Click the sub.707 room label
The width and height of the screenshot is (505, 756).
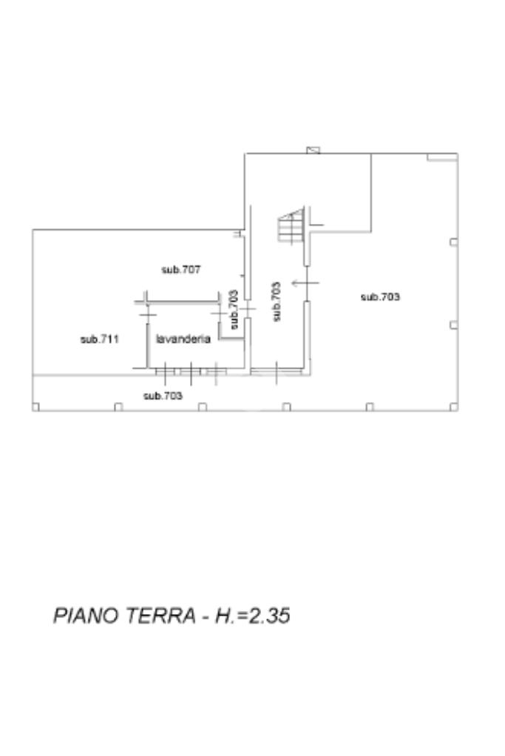point(181,270)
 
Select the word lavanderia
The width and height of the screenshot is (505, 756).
point(183,339)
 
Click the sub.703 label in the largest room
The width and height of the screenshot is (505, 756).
point(380,297)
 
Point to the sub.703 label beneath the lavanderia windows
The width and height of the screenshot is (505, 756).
point(163,396)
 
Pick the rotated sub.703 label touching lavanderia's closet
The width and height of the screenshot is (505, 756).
point(234,310)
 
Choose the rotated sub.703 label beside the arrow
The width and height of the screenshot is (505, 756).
point(277,302)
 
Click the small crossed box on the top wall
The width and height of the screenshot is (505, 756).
point(313,150)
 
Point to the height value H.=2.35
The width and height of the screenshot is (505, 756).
point(251,615)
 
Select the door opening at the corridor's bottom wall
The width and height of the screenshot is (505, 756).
point(276,372)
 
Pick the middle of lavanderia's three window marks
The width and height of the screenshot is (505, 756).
point(191,372)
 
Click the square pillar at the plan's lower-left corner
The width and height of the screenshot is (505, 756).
point(35,406)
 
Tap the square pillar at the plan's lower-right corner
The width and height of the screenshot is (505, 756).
point(454,406)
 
